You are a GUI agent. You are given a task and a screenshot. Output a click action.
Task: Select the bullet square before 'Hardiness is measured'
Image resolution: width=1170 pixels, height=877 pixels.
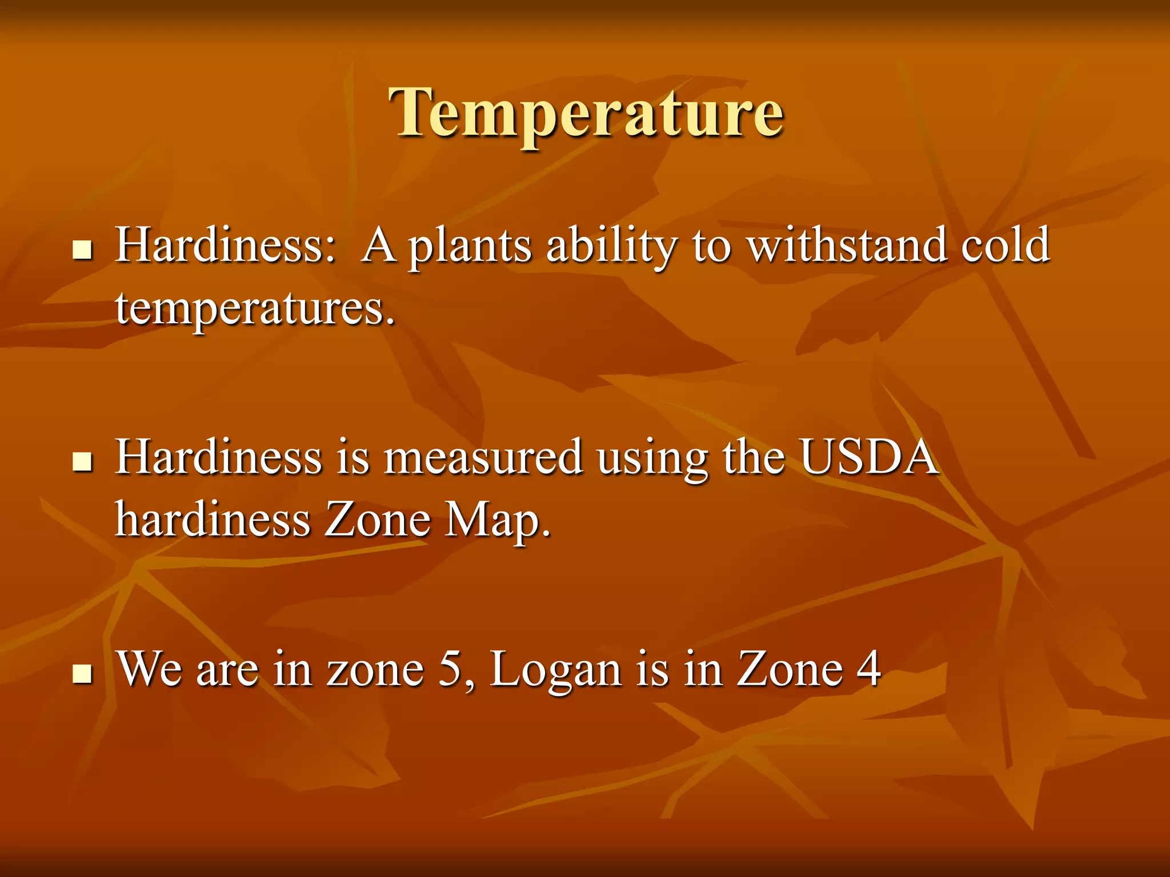point(83,461)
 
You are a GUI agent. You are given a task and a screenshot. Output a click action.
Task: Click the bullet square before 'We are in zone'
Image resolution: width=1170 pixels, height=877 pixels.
point(83,673)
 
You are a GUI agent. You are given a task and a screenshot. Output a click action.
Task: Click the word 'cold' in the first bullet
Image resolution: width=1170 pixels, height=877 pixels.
point(1005,244)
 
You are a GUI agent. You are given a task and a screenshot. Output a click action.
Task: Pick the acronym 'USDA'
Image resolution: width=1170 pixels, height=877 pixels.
point(868,457)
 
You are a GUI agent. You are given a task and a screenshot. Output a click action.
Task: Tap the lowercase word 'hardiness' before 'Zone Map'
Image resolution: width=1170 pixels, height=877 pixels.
point(213,520)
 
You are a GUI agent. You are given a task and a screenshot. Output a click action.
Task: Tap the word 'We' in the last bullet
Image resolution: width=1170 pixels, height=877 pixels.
point(150,669)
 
